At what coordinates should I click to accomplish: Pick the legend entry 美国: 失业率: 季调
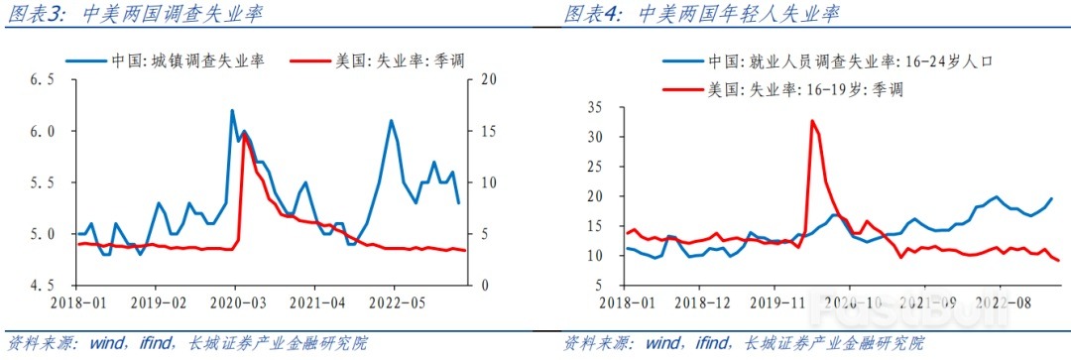[383, 60]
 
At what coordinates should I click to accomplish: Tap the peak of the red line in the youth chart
[812, 121]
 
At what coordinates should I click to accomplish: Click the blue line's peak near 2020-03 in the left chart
[232, 110]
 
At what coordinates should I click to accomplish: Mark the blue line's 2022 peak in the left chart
[391, 121]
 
